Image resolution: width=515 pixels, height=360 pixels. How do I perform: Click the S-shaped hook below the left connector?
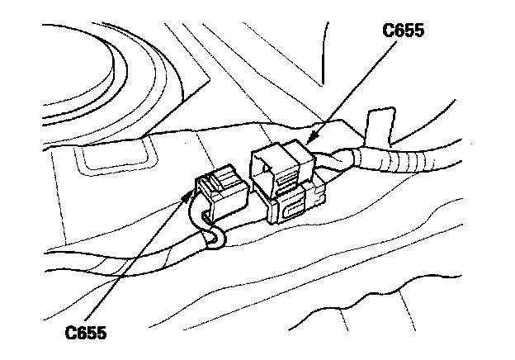216,240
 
